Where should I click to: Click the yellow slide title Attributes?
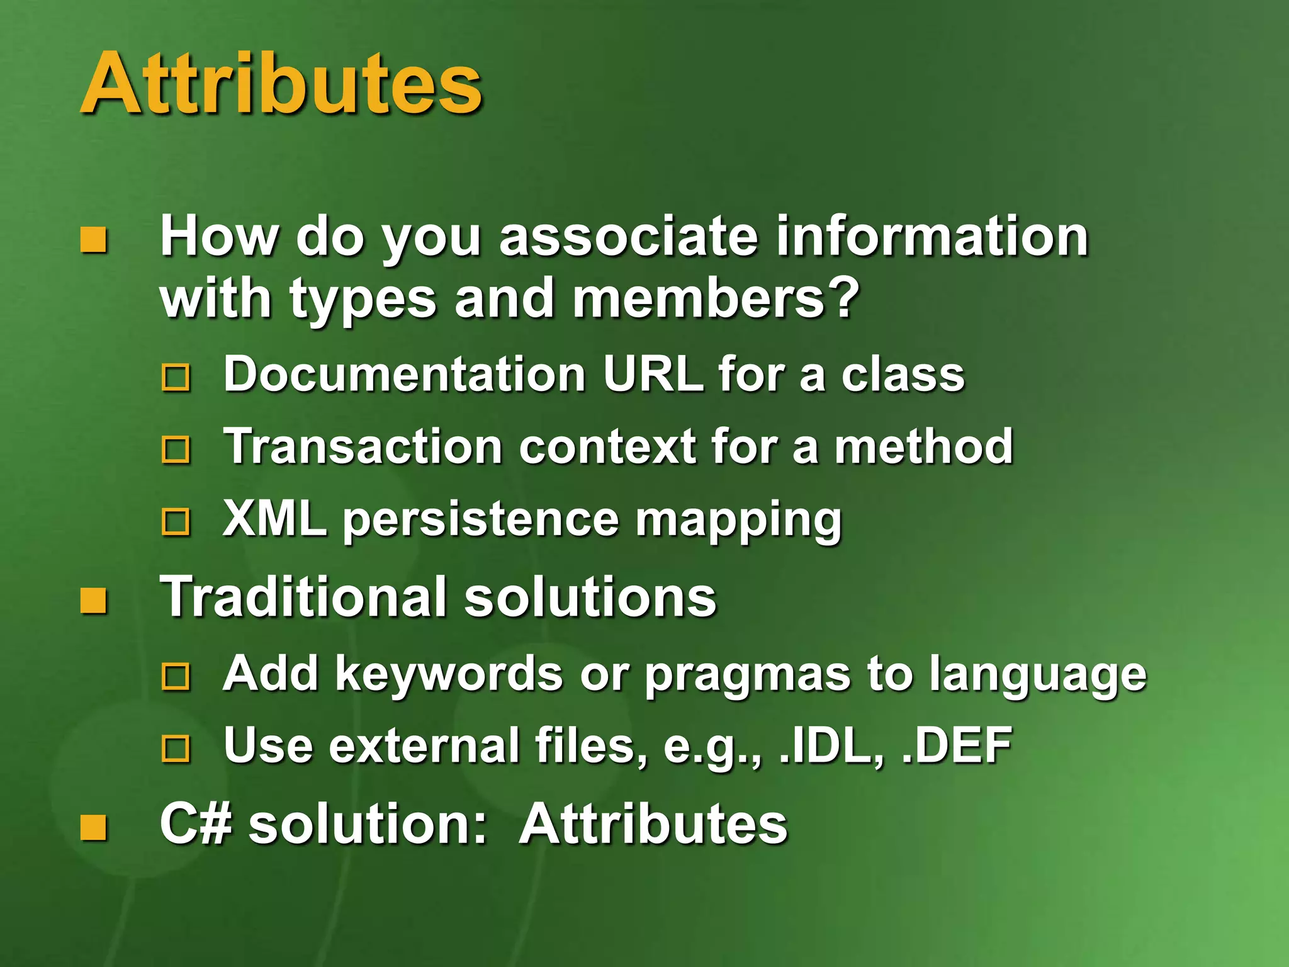(281, 84)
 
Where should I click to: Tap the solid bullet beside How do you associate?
(93, 240)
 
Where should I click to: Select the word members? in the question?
(716, 299)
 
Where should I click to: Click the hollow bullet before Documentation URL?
(176, 377)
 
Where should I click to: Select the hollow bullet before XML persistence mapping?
(176, 522)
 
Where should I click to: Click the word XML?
(274, 519)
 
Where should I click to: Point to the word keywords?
(449, 674)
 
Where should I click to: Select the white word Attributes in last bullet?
(653, 824)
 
